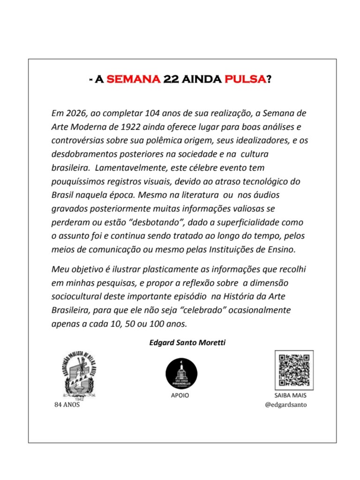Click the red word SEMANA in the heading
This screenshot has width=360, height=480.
point(134,79)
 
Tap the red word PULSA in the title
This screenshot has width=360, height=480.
point(245,79)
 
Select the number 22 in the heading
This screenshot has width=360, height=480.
point(170,79)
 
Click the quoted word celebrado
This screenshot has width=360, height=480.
point(193,310)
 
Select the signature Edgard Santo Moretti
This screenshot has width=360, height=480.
point(187,343)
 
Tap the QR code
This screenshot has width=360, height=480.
point(294,370)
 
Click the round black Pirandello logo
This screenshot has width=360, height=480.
point(181,373)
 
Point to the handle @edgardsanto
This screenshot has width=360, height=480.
point(286,404)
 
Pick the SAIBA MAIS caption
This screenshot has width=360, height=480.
point(290,396)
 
